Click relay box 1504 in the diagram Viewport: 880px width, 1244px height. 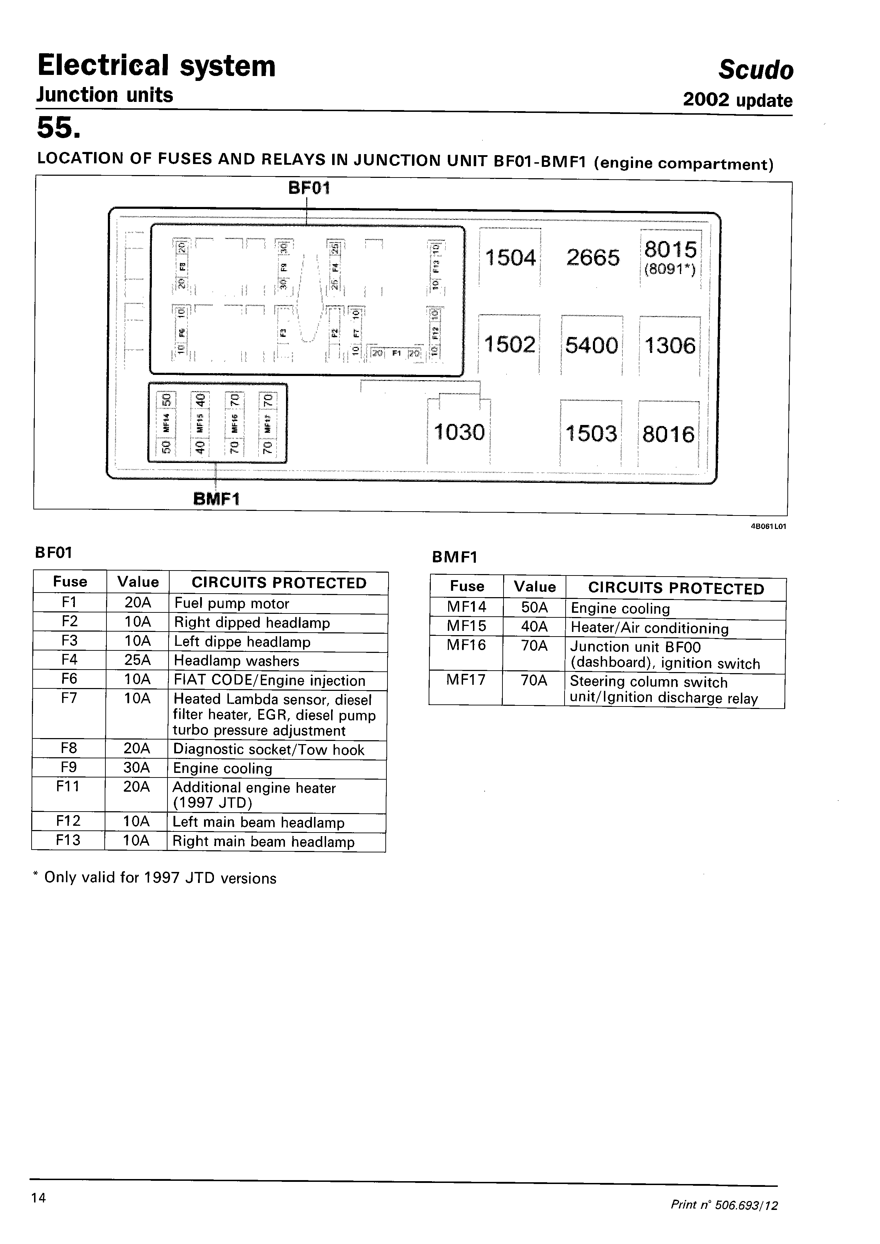[x=510, y=257]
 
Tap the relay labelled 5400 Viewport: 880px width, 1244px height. [x=591, y=345]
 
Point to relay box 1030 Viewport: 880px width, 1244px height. [x=459, y=432]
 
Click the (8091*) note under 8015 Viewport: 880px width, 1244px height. [x=670, y=269]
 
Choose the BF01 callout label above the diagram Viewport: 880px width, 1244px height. [x=309, y=188]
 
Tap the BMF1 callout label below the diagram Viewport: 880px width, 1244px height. [x=216, y=498]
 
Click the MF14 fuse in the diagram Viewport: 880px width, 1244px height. [x=166, y=423]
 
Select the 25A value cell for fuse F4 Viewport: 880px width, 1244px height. [x=137, y=661]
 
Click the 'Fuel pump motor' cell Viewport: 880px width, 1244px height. [x=232, y=603]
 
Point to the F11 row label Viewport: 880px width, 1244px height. [x=68, y=786]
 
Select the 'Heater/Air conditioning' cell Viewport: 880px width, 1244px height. [x=650, y=628]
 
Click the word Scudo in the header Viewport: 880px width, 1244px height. [x=755, y=70]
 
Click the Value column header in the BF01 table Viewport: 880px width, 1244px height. [x=138, y=582]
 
